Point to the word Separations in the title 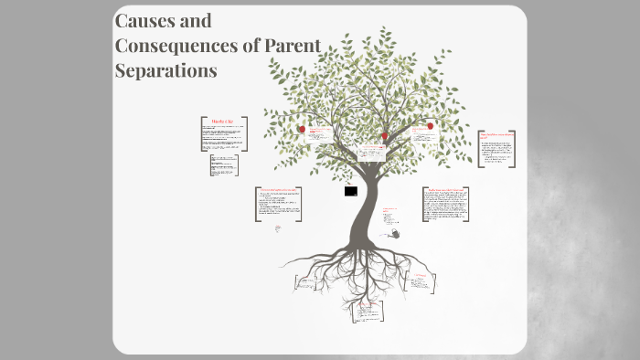[165, 69]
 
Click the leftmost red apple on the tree [302, 130]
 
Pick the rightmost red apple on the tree [430, 126]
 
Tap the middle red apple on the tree [385, 136]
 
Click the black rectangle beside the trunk [351, 191]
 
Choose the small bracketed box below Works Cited [223, 165]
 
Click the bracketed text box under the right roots [422, 282]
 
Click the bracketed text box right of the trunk [446, 204]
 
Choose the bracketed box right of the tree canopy [497, 147]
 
